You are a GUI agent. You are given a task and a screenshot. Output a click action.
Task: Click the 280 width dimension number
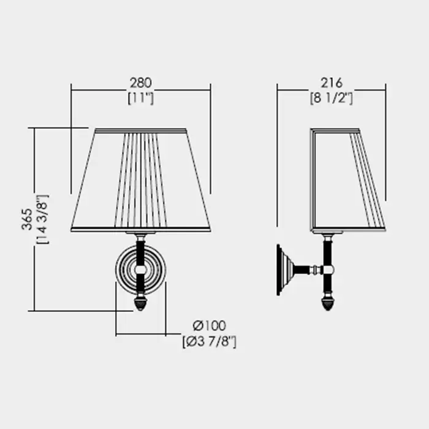click(140, 83)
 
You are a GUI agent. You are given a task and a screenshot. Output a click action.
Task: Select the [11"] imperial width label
click(140, 98)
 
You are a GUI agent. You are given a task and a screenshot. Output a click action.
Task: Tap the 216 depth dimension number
click(332, 83)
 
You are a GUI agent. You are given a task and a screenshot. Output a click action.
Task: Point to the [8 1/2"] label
click(332, 98)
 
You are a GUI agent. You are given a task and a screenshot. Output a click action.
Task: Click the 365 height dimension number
click(27, 219)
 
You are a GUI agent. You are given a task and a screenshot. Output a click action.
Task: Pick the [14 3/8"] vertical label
click(42, 219)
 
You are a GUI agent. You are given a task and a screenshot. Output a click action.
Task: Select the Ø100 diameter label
click(210, 325)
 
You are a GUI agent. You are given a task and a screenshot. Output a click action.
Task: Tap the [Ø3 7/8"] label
click(210, 341)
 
